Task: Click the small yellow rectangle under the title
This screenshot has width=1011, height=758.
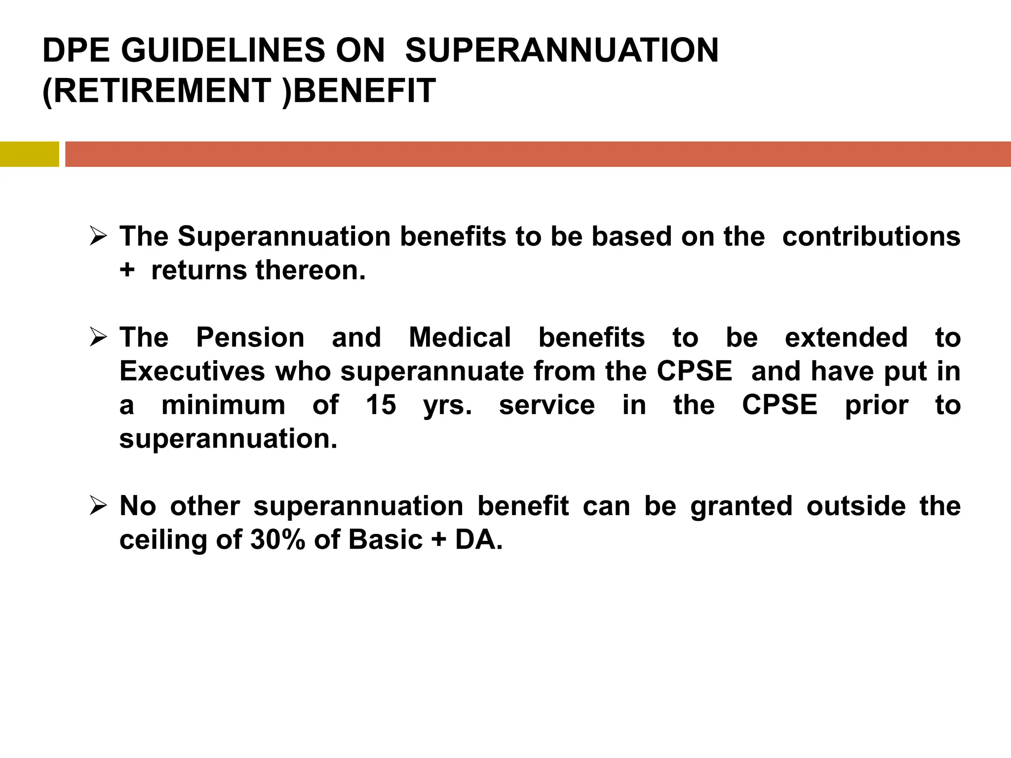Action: tap(29, 154)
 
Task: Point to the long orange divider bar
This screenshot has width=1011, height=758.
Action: tap(538, 154)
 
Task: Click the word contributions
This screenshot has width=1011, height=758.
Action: tap(871, 236)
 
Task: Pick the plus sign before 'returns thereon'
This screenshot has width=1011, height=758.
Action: tap(127, 271)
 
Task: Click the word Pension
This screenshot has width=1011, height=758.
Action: tap(250, 338)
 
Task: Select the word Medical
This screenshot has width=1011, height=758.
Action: tap(460, 338)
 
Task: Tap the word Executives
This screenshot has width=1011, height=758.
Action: tap(193, 371)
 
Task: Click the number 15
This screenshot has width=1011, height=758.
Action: tap(381, 405)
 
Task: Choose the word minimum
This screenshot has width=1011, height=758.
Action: tap(223, 405)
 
